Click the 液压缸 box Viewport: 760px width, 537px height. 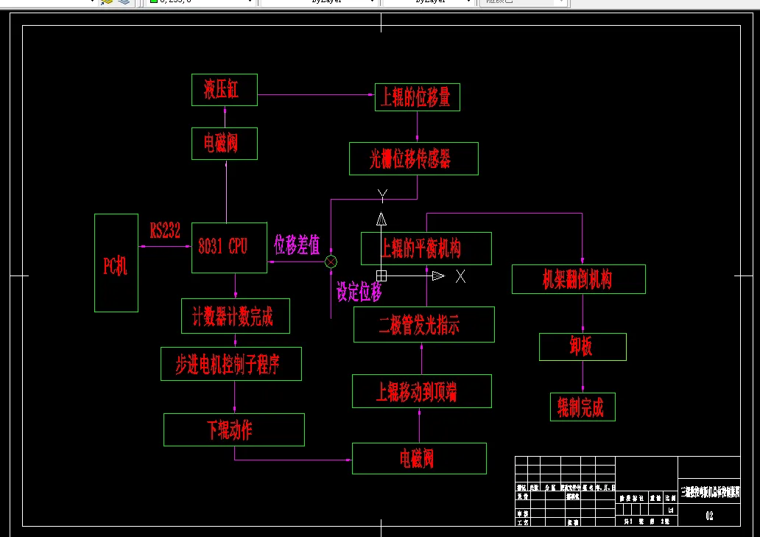pos(224,90)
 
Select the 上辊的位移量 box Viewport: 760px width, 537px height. pos(417,97)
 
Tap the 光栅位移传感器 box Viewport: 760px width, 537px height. pos(413,159)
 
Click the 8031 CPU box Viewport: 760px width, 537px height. pos(229,248)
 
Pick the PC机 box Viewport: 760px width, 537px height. pos(116,263)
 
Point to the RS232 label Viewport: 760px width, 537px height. pos(165,231)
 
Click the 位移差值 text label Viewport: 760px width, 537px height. pos(297,245)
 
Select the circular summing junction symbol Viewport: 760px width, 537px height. pos(331,262)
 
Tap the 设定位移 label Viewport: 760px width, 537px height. pos(359,292)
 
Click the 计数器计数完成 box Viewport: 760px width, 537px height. pos(235,316)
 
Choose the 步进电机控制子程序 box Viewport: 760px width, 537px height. pos(231,364)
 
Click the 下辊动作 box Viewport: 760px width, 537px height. pos(233,429)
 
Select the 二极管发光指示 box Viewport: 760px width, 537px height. pos(423,325)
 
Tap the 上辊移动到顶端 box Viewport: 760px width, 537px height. pos(421,391)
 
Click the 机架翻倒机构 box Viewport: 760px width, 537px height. pos(578,279)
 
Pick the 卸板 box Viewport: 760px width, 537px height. pos(582,347)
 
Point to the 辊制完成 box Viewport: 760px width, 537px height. pos(582,407)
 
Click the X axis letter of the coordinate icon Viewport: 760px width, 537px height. pos(460,276)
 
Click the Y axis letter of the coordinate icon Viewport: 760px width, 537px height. pos(382,196)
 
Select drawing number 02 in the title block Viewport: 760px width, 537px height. pos(709,516)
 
